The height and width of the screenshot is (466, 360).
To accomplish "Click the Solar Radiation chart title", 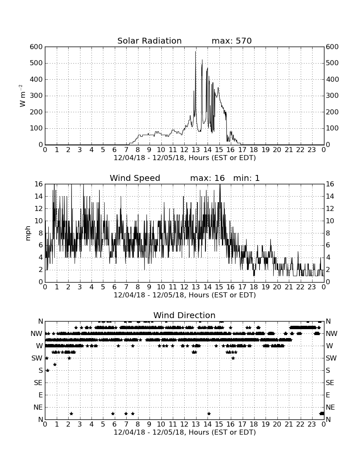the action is point(150,41).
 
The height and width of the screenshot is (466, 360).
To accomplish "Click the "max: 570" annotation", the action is point(232,41).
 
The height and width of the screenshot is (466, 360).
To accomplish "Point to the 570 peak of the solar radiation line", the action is point(195,52).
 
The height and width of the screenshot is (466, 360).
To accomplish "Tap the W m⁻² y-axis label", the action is point(22,96).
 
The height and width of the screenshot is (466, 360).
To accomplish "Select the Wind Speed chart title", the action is point(135,178).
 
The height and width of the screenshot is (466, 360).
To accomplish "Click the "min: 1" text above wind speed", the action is point(246,178).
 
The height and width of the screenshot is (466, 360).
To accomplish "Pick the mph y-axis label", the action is point(28,233).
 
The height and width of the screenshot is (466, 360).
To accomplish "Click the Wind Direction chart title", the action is point(184,315).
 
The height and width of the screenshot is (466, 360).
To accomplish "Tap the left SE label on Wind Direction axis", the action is point(38,383).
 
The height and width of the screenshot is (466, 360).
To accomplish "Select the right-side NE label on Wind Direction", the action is point(330,407).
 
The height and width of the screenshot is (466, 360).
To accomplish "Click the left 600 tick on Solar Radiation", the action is point(36,47).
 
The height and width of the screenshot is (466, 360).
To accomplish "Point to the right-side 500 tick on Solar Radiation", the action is point(332,63).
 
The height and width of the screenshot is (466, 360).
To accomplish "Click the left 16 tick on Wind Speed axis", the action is point(39,184).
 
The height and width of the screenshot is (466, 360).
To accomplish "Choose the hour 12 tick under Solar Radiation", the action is point(184,150).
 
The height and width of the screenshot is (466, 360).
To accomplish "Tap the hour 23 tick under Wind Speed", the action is point(312,287).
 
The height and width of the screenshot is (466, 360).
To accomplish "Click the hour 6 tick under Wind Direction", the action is point(114,424).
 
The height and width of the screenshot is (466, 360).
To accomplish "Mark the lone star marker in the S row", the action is point(47,370).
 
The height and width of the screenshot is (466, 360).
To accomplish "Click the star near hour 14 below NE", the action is point(209,413).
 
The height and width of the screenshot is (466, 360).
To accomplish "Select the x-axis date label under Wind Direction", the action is point(185,432).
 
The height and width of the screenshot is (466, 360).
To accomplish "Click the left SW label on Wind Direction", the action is point(37,358).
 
